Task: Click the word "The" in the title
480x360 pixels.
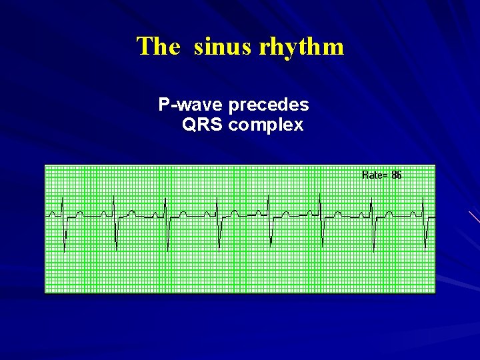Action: pyautogui.click(x=158, y=47)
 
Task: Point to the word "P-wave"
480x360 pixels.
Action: pyautogui.click(x=191, y=105)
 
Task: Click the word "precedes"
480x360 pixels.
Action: pyautogui.click(x=268, y=105)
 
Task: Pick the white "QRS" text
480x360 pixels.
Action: pyautogui.click(x=202, y=125)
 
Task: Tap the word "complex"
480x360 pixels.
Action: pyautogui.click(x=265, y=125)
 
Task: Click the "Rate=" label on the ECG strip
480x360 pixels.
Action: pyautogui.click(x=375, y=175)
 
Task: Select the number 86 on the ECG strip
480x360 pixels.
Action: pyautogui.click(x=397, y=175)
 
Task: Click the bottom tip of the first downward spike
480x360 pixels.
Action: pyautogui.click(x=65, y=249)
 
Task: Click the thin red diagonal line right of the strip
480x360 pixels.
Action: pyautogui.click(x=474, y=217)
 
